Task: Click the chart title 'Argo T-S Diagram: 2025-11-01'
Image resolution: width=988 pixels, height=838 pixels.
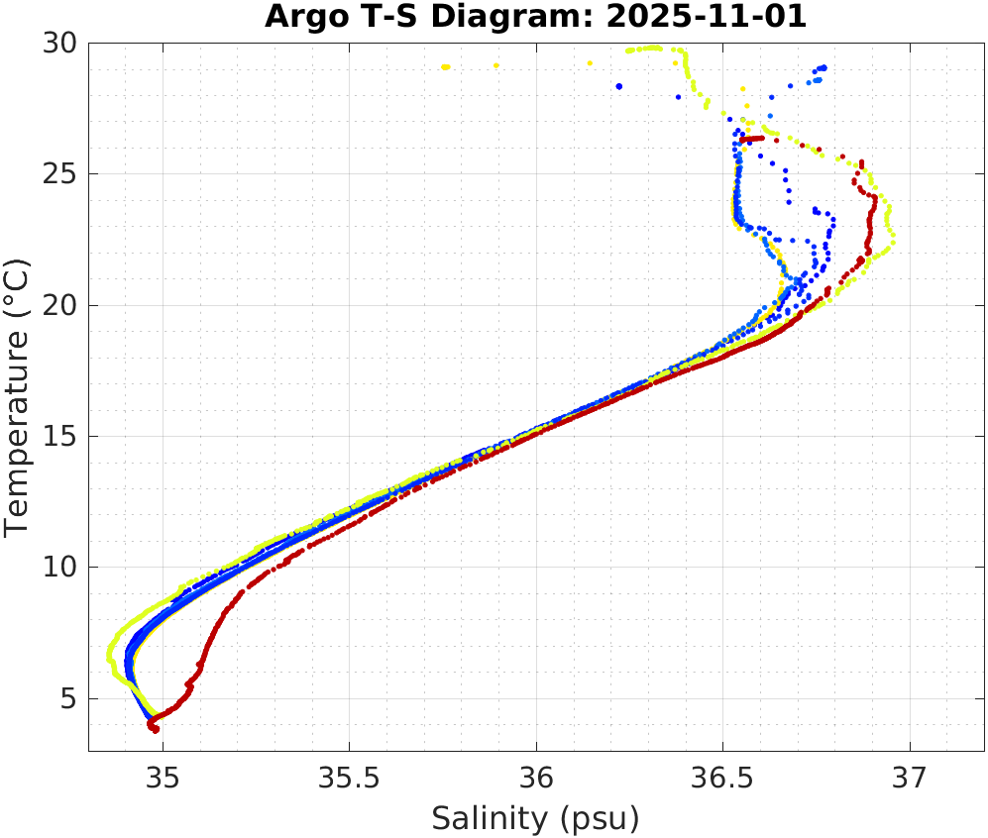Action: click(x=536, y=18)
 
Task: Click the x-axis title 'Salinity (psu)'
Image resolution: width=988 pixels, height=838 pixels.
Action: click(x=535, y=818)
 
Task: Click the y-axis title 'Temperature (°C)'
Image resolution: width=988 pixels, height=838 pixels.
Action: click(x=18, y=396)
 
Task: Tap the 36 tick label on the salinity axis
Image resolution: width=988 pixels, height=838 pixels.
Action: click(x=536, y=779)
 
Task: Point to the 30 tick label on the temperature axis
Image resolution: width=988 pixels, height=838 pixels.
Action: click(x=63, y=44)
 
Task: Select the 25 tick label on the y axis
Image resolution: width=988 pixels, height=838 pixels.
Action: click(x=63, y=174)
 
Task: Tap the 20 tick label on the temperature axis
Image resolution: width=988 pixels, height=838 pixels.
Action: click(x=63, y=305)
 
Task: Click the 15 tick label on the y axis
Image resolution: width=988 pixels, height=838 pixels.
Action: click(x=63, y=437)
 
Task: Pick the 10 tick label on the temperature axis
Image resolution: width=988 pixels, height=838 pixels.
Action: click(x=63, y=568)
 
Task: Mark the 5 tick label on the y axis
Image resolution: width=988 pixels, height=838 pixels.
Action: click(x=71, y=698)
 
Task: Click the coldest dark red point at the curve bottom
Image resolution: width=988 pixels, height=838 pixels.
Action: click(x=156, y=730)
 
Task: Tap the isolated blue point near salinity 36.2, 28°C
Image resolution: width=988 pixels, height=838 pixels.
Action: click(x=619, y=86)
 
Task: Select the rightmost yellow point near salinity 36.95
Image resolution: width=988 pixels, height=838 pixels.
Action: click(x=893, y=241)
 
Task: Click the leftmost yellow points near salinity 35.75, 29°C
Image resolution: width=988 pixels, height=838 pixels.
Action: click(x=446, y=66)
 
